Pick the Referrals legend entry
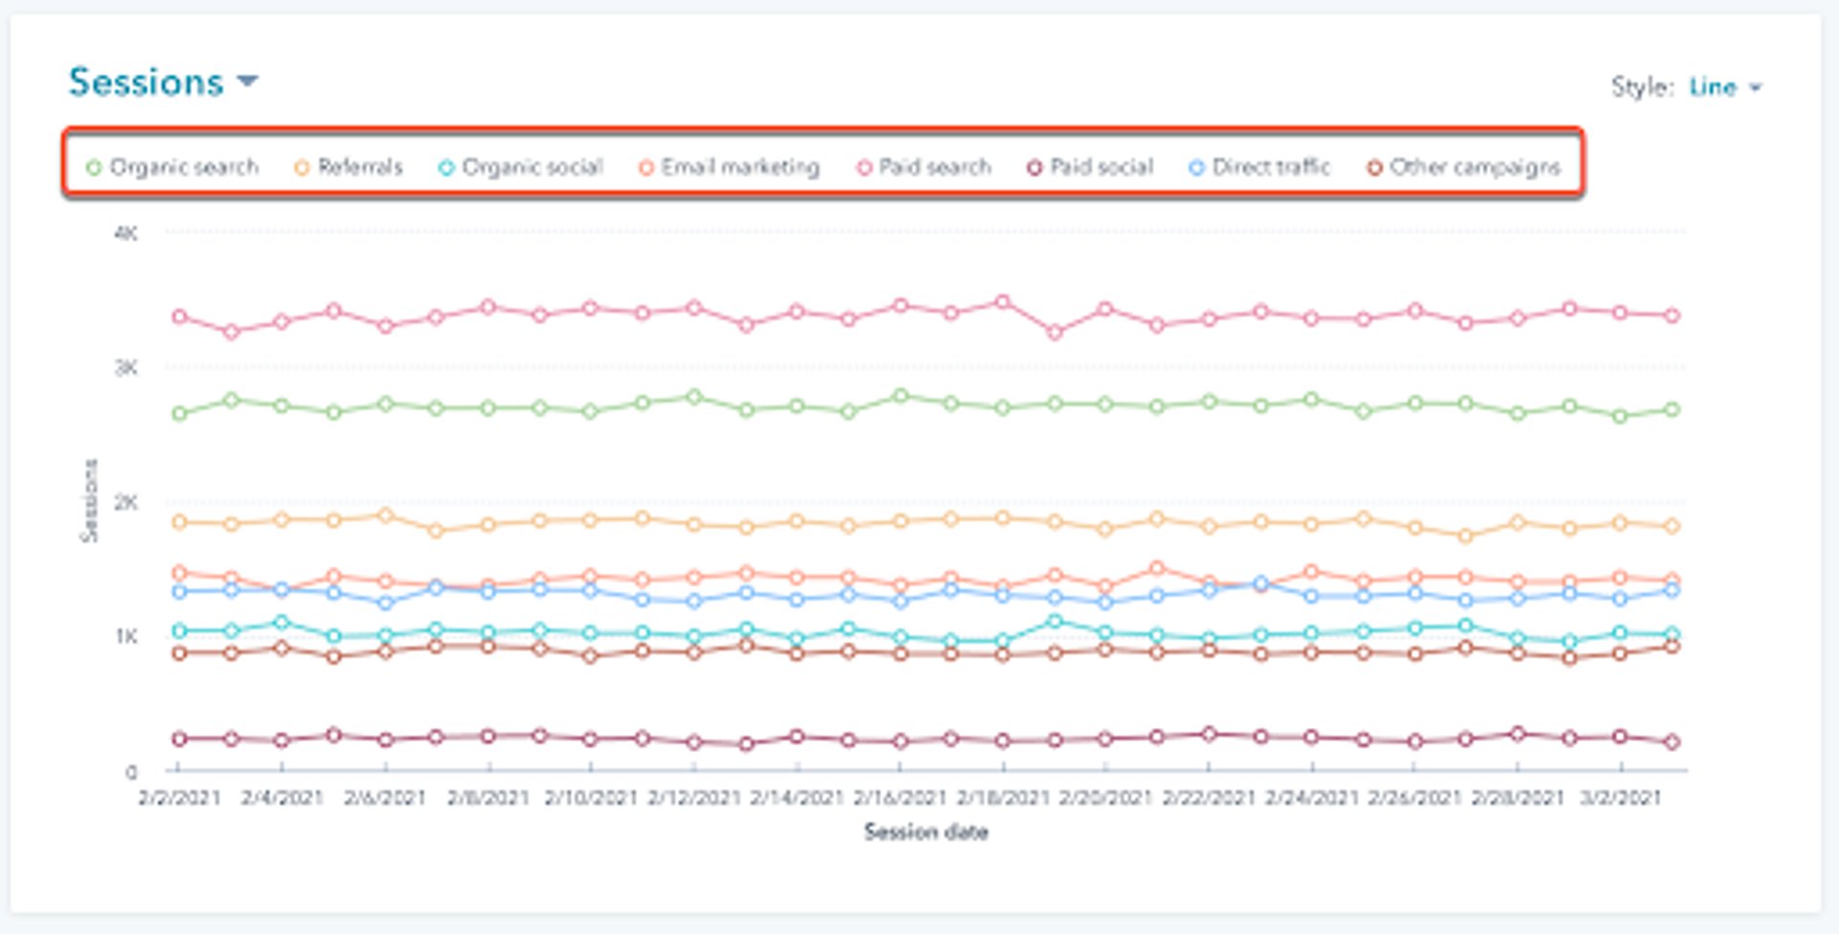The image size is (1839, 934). click(349, 168)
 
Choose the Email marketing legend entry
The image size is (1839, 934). click(729, 168)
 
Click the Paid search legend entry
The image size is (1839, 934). click(923, 168)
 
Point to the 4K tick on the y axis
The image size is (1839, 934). click(125, 233)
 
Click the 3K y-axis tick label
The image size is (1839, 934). click(125, 368)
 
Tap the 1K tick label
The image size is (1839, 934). click(125, 637)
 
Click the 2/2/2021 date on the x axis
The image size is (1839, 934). click(179, 798)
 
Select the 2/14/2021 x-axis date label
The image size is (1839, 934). click(796, 798)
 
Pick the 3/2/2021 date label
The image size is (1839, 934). click(1620, 798)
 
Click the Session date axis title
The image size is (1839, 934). click(925, 832)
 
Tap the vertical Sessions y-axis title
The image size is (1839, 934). click(88, 501)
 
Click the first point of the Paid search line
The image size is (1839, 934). click(179, 316)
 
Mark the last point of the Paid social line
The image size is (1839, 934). click(1672, 741)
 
